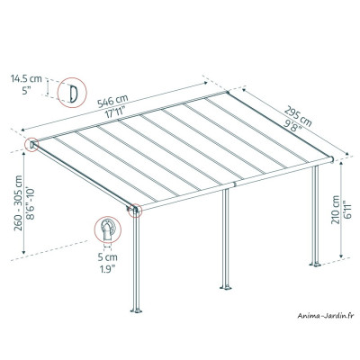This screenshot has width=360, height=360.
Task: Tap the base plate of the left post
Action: click(137, 315)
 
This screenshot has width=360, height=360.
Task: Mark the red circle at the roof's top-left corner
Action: click(33, 144)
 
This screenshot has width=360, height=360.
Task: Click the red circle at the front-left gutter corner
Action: click(136, 212)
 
